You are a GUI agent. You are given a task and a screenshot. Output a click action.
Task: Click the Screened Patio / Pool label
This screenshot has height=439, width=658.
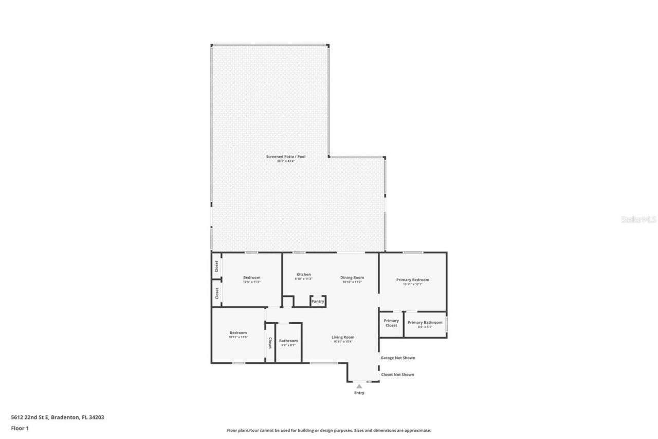point(285,156)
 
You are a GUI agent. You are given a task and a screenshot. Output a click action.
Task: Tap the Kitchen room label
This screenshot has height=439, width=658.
point(303,274)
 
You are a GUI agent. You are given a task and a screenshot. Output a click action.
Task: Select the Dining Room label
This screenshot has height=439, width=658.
point(352,277)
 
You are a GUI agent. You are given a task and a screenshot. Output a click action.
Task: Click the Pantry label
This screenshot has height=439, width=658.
point(318,301)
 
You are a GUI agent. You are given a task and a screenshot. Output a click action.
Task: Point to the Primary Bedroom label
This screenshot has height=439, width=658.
point(412,280)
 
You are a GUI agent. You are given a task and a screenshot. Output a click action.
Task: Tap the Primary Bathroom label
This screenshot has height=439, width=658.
point(425,323)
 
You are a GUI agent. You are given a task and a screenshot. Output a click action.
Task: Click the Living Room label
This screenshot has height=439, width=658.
point(343,337)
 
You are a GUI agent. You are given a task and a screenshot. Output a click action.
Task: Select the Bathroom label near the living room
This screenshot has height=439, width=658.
point(288,341)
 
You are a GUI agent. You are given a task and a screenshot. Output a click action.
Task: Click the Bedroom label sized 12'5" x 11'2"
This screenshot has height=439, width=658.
point(251,277)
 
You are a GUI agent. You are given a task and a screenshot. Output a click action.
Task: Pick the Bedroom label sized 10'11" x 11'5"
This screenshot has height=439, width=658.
point(238,332)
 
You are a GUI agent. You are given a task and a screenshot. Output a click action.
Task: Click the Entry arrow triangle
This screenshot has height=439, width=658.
point(359,386)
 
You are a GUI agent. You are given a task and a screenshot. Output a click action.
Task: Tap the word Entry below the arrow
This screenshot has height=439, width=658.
point(359,393)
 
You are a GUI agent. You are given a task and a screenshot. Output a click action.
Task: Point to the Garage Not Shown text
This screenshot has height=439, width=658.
point(397,358)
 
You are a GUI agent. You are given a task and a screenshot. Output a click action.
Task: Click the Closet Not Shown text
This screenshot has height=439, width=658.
point(397,375)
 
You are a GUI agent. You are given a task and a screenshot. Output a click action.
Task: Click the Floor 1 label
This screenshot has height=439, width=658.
point(20,428)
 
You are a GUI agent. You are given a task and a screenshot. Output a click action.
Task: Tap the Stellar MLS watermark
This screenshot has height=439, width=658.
point(638,219)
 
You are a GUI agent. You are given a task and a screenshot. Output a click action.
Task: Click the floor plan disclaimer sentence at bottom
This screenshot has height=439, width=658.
point(329,430)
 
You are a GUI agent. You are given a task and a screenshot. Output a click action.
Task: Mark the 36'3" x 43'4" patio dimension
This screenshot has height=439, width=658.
point(285,161)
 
